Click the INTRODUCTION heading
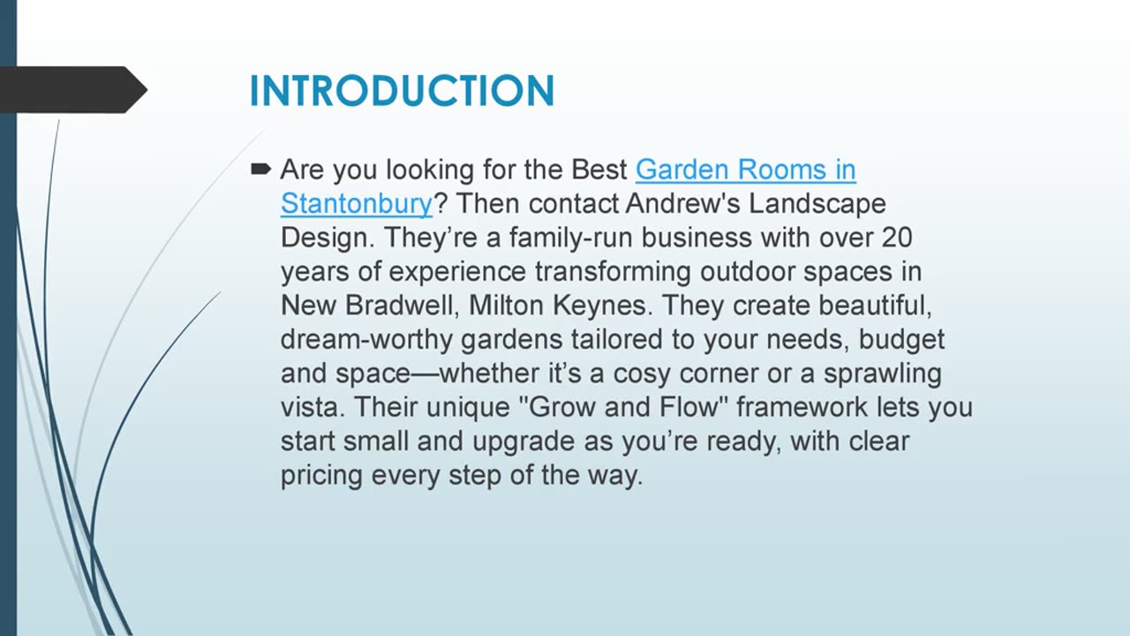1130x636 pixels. [402, 91]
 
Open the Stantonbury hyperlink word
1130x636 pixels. [357, 204]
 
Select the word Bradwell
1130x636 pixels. [403, 306]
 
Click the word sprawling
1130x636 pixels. [882, 374]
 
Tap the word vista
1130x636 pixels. [313, 408]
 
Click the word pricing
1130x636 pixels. [322, 476]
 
